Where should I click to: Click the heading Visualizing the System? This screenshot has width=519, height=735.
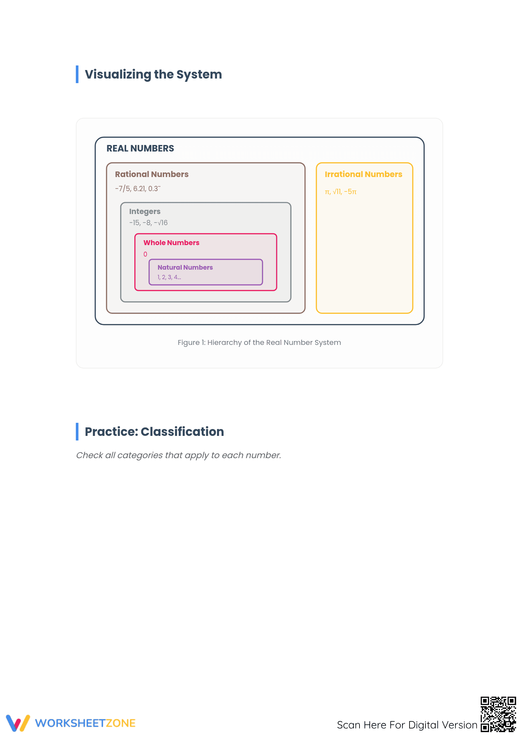pyautogui.click(x=153, y=75)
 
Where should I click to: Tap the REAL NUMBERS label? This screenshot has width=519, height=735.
pyautogui.click(x=140, y=149)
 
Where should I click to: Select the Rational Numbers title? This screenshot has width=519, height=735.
pyautogui.click(x=152, y=174)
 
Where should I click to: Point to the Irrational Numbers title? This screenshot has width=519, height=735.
pyautogui.click(x=363, y=174)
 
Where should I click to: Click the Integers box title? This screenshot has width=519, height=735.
pyautogui.click(x=145, y=212)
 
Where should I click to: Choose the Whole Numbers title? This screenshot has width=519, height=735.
pyautogui.click(x=171, y=242)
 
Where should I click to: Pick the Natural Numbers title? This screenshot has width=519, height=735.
pyautogui.click(x=185, y=267)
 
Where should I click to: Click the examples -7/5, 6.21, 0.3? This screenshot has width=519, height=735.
pyautogui.click(x=138, y=188)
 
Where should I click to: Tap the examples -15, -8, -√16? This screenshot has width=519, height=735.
pyautogui.click(x=148, y=223)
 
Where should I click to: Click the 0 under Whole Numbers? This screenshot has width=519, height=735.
pyautogui.click(x=145, y=254)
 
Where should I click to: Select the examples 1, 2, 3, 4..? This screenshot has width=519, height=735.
pyautogui.click(x=169, y=277)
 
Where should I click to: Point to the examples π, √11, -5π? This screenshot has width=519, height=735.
pyautogui.click(x=341, y=191)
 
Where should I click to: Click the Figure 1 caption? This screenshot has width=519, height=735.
pyautogui.click(x=259, y=343)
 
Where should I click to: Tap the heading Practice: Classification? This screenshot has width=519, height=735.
pyautogui.click(x=154, y=432)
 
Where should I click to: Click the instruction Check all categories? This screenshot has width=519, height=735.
pyautogui.click(x=178, y=455)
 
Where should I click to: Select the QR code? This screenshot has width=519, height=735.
pyautogui.click(x=498, y=714)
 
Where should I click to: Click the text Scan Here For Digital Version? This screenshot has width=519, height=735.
pyautogui.click(x=407, y=725)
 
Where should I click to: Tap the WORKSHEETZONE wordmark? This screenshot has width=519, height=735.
pyautogui.click(x=85, y=723)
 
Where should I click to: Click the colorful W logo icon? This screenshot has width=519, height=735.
pyautogui.click(x=18, y=723)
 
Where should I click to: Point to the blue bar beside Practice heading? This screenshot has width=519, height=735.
pyautogui.click(x=77, y=432)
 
